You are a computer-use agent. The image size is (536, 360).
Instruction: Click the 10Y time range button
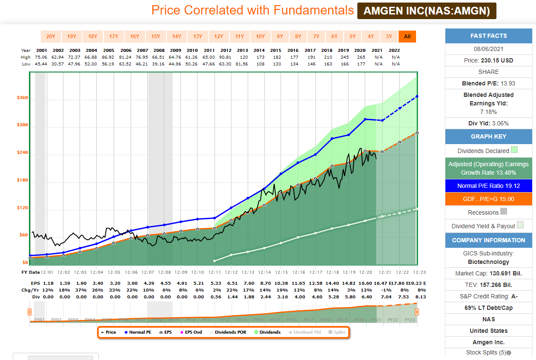260,37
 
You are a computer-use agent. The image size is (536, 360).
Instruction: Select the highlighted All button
407,37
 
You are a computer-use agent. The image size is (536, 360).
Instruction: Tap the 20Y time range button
51,37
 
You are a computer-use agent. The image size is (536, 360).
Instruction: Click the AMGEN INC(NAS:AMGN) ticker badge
427,11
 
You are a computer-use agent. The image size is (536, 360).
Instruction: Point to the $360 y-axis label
22,98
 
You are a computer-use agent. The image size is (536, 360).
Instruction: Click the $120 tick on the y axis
22,208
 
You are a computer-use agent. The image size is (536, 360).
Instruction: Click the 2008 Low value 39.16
159,64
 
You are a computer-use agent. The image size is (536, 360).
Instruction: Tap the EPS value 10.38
281,283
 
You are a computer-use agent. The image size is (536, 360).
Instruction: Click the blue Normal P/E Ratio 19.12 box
488,186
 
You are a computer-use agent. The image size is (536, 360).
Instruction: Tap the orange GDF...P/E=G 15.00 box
488,199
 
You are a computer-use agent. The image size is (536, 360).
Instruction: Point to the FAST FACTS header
488,36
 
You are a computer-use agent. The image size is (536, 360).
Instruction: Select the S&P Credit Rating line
488,296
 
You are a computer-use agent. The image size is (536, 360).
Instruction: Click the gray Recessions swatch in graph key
504,212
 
